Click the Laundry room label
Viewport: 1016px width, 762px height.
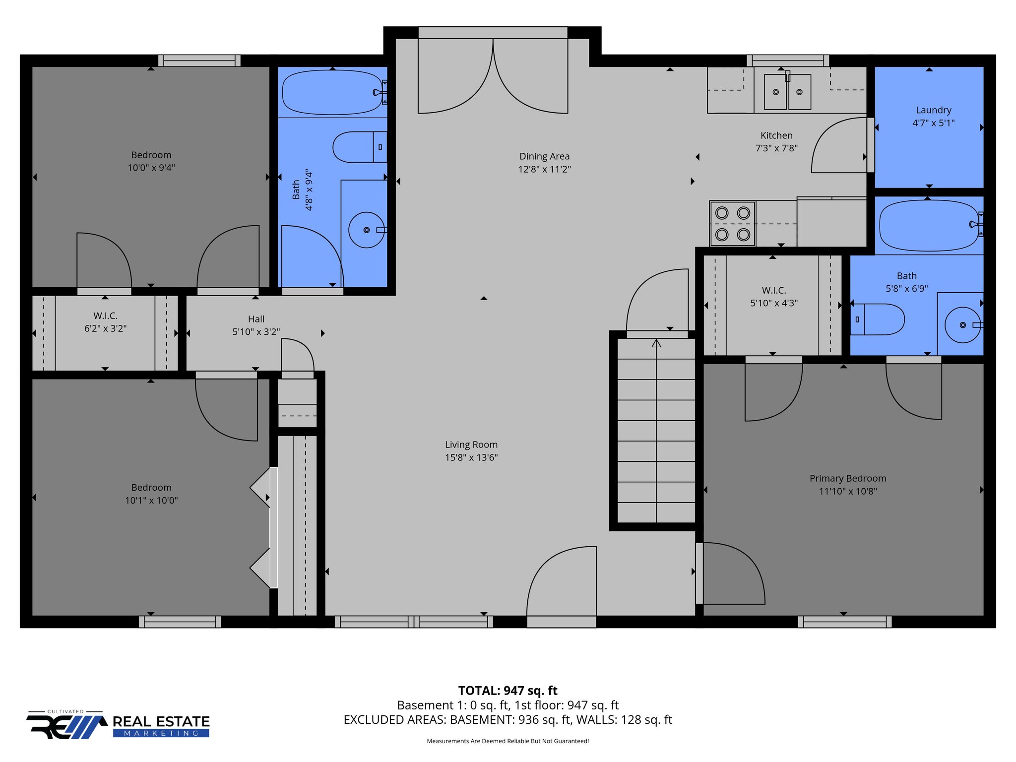pyautogui.click(x=933, y=110)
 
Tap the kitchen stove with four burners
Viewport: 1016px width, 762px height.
pyautogui.click(x=732, y=223)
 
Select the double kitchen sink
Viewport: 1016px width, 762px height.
pyautogui.click(x=787, y=92)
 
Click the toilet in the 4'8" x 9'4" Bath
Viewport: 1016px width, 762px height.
pyautogui.click(x=359, y=147)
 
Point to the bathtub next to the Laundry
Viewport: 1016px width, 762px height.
pyautogui.click(x=929, y=225)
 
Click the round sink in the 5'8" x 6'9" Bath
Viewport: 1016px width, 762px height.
pyautogui.click(x=962, y=325)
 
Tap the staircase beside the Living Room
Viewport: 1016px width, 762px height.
pyautogui.click(x=656, y=431)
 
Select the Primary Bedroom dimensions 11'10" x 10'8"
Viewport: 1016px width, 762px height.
pyautogui.click(x=848, y=491)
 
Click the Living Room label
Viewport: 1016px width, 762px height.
pyautogui.click(x=471, y=444)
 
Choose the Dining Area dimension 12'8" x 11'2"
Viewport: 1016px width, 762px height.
pyautogui.click(x=544, y=169)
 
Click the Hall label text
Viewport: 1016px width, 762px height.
pyautogui.click(x=256, y=319)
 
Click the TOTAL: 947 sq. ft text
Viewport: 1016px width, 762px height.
pyautogui.click(x=508, y=691)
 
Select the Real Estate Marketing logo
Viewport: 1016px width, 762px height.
pyautogui.click(x=118, y=725)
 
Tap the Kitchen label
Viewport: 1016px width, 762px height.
pyautogui.click(x=776, y=135)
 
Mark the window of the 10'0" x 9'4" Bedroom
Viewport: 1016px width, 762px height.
pyautogui.click(x=199, y=61)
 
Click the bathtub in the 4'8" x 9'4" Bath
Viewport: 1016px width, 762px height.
pyautogui.click(x=332, y=92)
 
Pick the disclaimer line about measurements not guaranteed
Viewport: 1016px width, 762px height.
pyautogui.click(x=508, y=741)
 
